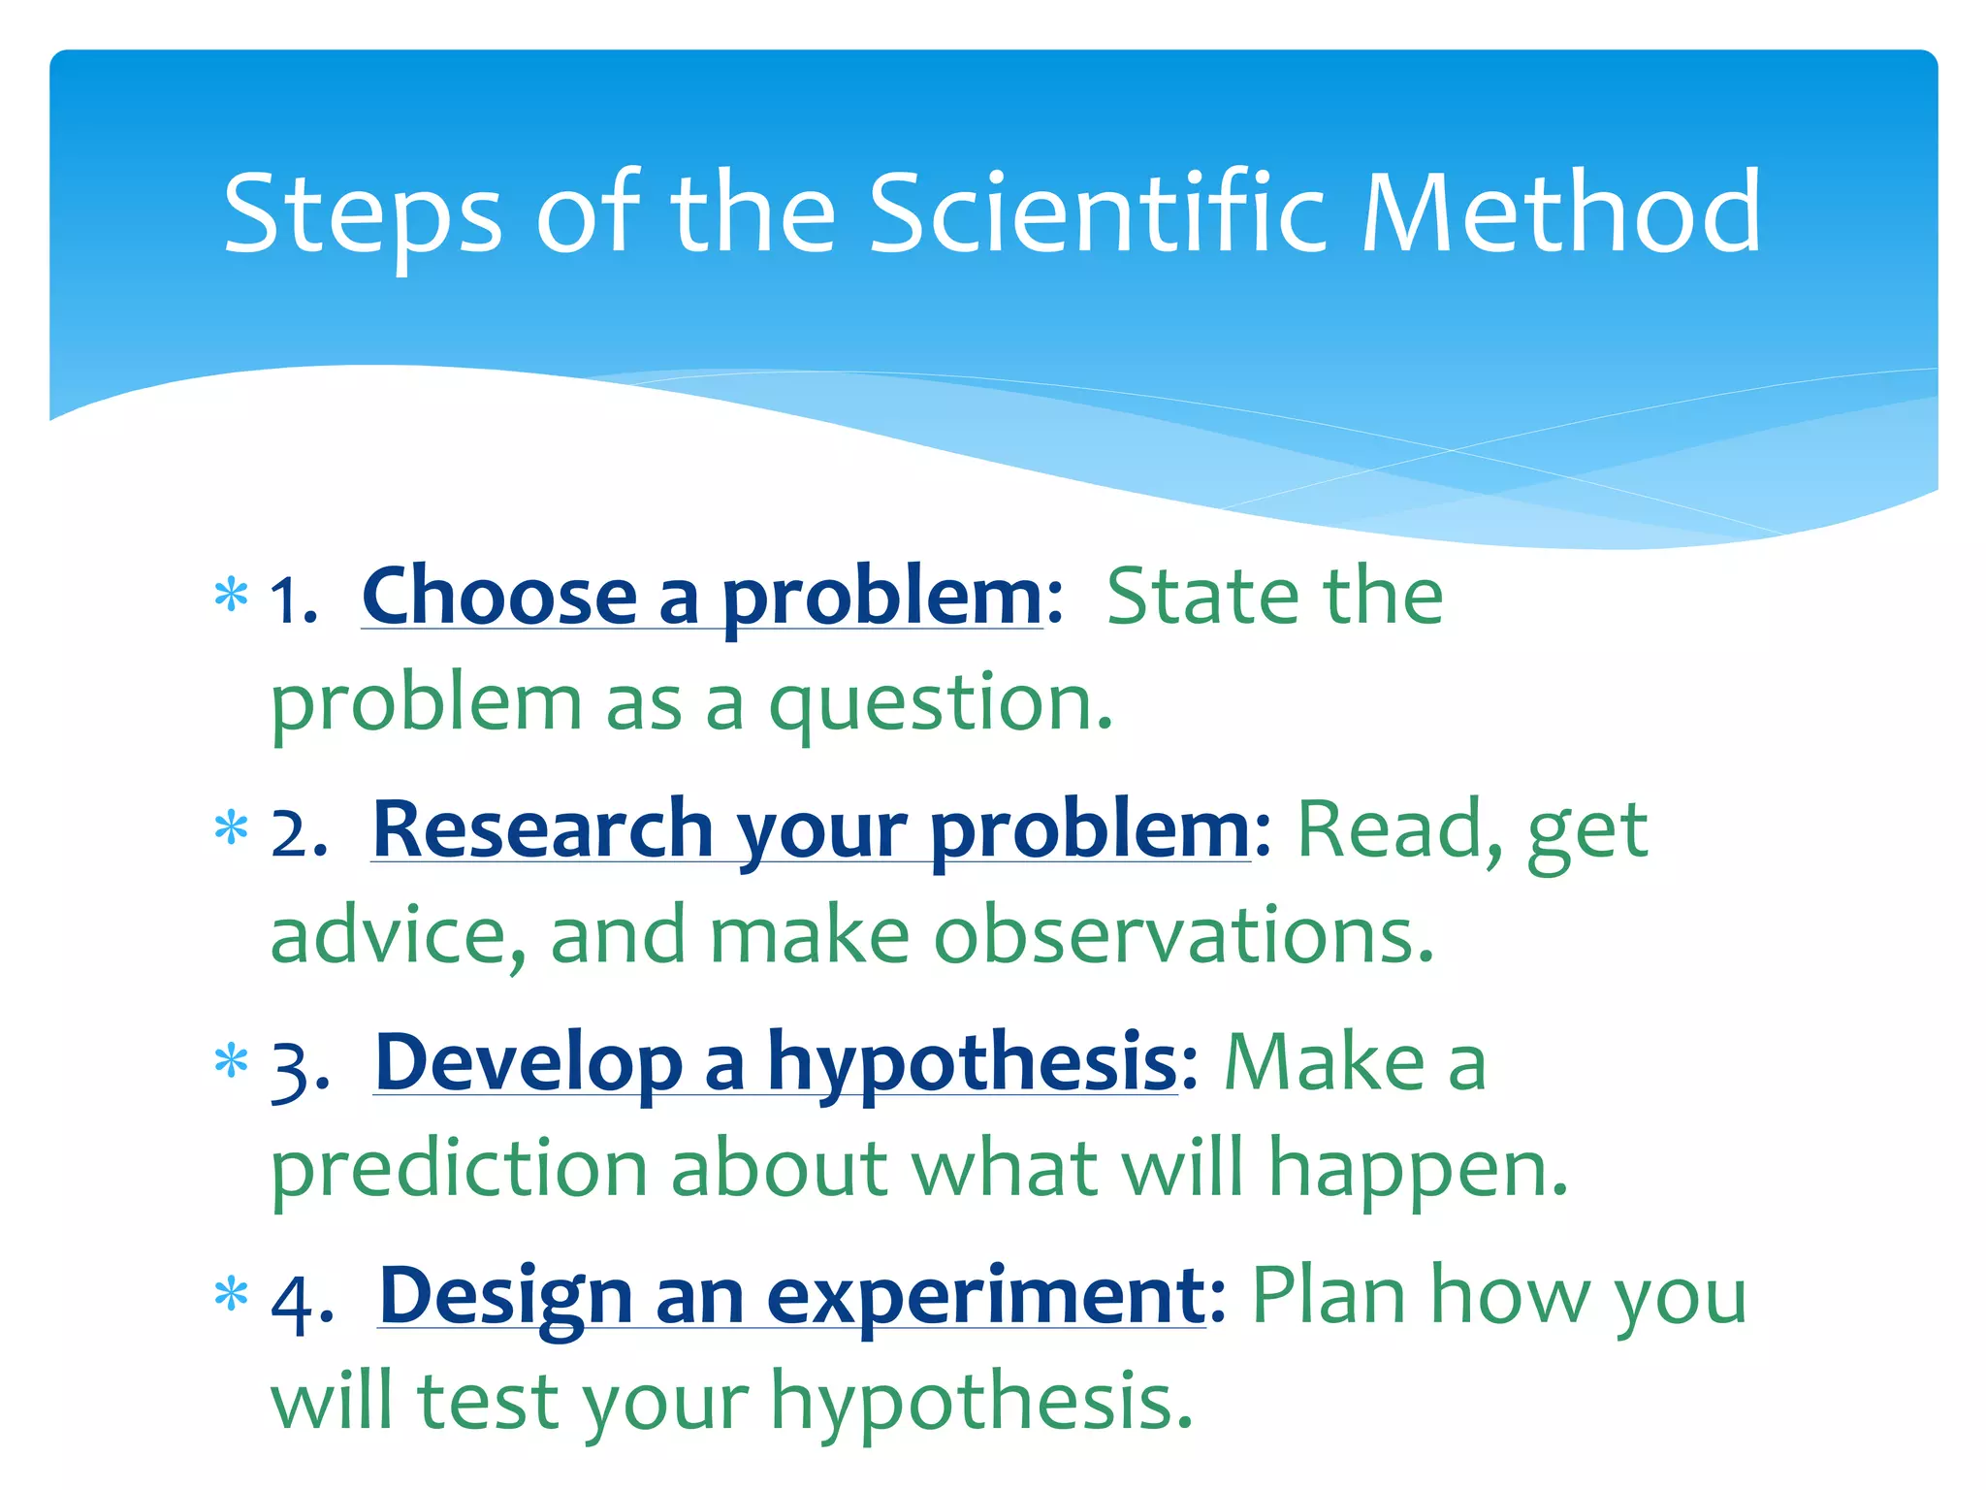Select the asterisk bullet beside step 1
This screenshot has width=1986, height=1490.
click(231, 594)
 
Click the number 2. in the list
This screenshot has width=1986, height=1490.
click(299, 832)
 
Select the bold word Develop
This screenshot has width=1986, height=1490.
click(529, 1063)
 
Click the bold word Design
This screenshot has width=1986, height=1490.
click(505, 1297)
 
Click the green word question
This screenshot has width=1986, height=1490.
click(940, 704)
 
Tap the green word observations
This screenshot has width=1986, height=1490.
click(1183, 935)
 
